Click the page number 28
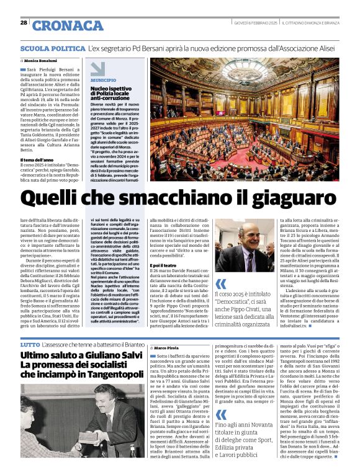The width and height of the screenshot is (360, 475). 24,23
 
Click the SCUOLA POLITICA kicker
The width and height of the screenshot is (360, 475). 53,48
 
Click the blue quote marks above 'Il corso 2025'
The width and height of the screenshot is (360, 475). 220,284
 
